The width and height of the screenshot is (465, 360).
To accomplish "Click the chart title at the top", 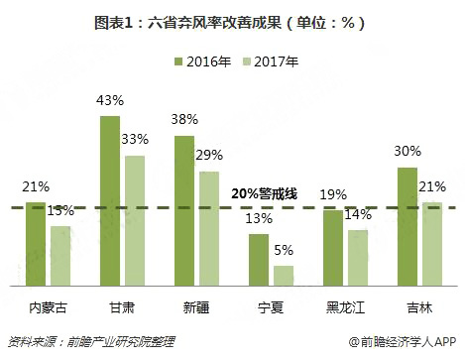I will click(231, 21).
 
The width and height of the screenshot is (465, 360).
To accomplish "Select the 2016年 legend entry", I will click(203, 62).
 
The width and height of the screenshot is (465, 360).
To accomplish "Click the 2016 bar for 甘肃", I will click(110, 199).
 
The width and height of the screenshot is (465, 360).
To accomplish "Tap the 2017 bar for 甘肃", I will click(134, 219).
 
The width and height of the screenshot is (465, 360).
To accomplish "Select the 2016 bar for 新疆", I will click(185, 209).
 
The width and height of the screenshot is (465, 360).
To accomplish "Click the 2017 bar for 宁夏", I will click(283, 275).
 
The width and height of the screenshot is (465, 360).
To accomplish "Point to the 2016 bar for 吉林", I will click(407, 225).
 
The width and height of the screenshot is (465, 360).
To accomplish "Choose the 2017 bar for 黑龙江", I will click(357, 257).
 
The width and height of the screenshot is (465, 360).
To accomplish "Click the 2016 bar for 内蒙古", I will click(37, 243).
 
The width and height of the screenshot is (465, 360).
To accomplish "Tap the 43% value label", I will click(110, 102).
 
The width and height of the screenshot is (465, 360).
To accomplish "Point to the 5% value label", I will click(285, 252).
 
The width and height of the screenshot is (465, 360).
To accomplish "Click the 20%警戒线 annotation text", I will click(264, 194).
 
